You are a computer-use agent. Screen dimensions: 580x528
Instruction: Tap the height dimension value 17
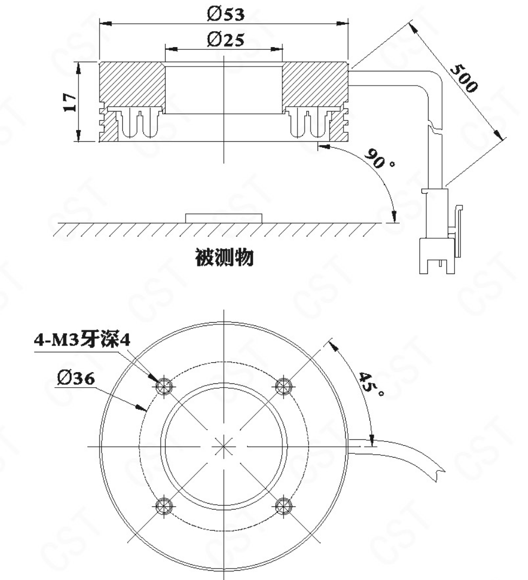click(x=69, y=102)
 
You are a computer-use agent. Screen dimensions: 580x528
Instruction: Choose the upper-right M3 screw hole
click(x=283, y=386)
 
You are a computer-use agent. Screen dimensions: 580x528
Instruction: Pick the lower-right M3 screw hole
click(x=283, y=506)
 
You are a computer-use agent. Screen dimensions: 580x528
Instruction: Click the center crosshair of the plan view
click(x=223, y=446)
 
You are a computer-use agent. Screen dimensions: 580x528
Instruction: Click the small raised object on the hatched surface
click(x=224, y=218)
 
